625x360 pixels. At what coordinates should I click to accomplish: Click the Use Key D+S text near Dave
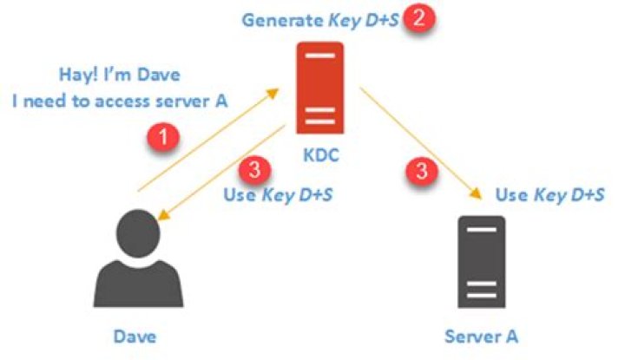coord(279,193)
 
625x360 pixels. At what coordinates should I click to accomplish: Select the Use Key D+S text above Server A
coord(549,194)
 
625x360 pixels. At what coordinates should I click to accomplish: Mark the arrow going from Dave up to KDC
coord(208,139)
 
